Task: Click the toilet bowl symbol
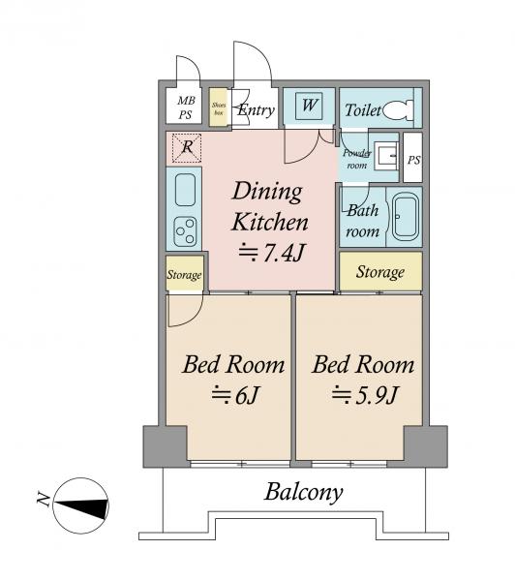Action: (398, 109)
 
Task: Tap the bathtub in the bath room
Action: (405, 216)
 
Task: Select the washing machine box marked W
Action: (309, 106)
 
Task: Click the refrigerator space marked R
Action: (187, 148)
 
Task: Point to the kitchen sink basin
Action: (185, 190)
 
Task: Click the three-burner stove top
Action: (185, 231)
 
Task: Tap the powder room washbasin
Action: (385, 156)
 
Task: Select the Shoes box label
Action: (219, 108)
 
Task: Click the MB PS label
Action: (186, 107)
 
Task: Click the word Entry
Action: (256, 110)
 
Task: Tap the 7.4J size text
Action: (271, 253)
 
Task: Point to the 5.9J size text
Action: (365, 395)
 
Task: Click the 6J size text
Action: (234, 395)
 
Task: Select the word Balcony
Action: (303, 493)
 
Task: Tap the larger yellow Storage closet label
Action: (380, 272)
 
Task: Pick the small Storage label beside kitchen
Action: (184, 275)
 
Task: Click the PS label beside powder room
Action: (414, 160)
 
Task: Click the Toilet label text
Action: (363, 110)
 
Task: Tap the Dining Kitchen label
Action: (269, 207)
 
